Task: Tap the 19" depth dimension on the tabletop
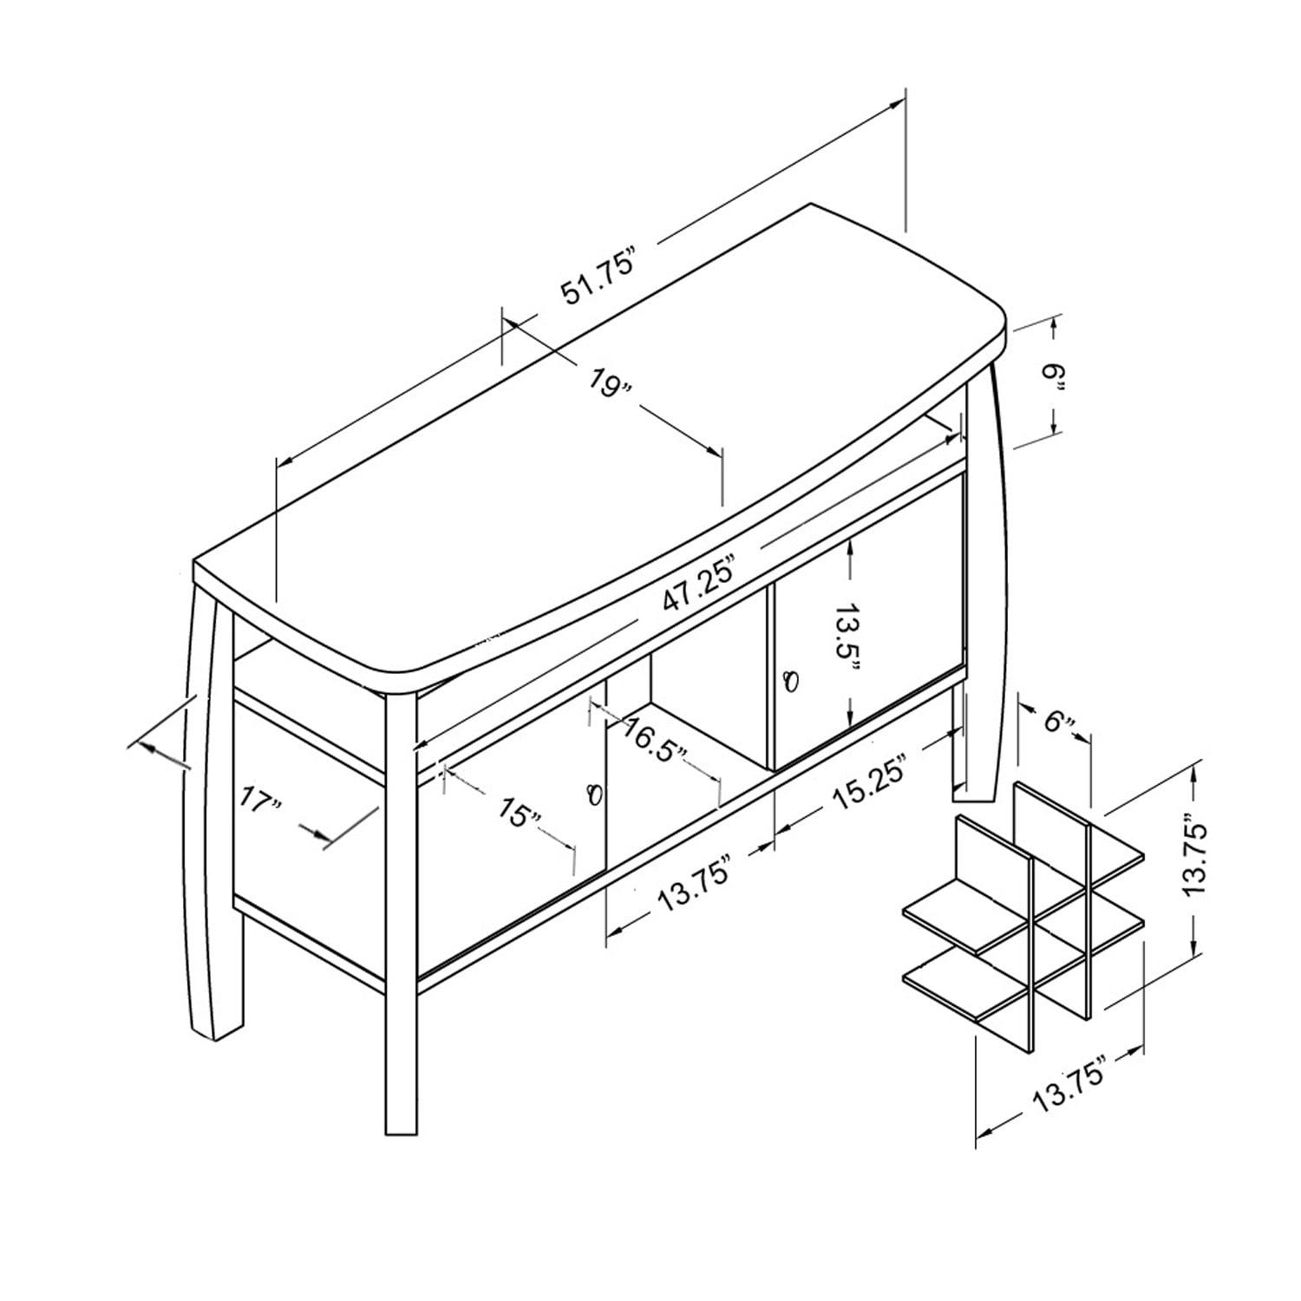611,382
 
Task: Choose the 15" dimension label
520,813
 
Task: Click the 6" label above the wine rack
1059,722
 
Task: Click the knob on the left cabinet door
594,794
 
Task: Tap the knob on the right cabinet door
789,682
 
